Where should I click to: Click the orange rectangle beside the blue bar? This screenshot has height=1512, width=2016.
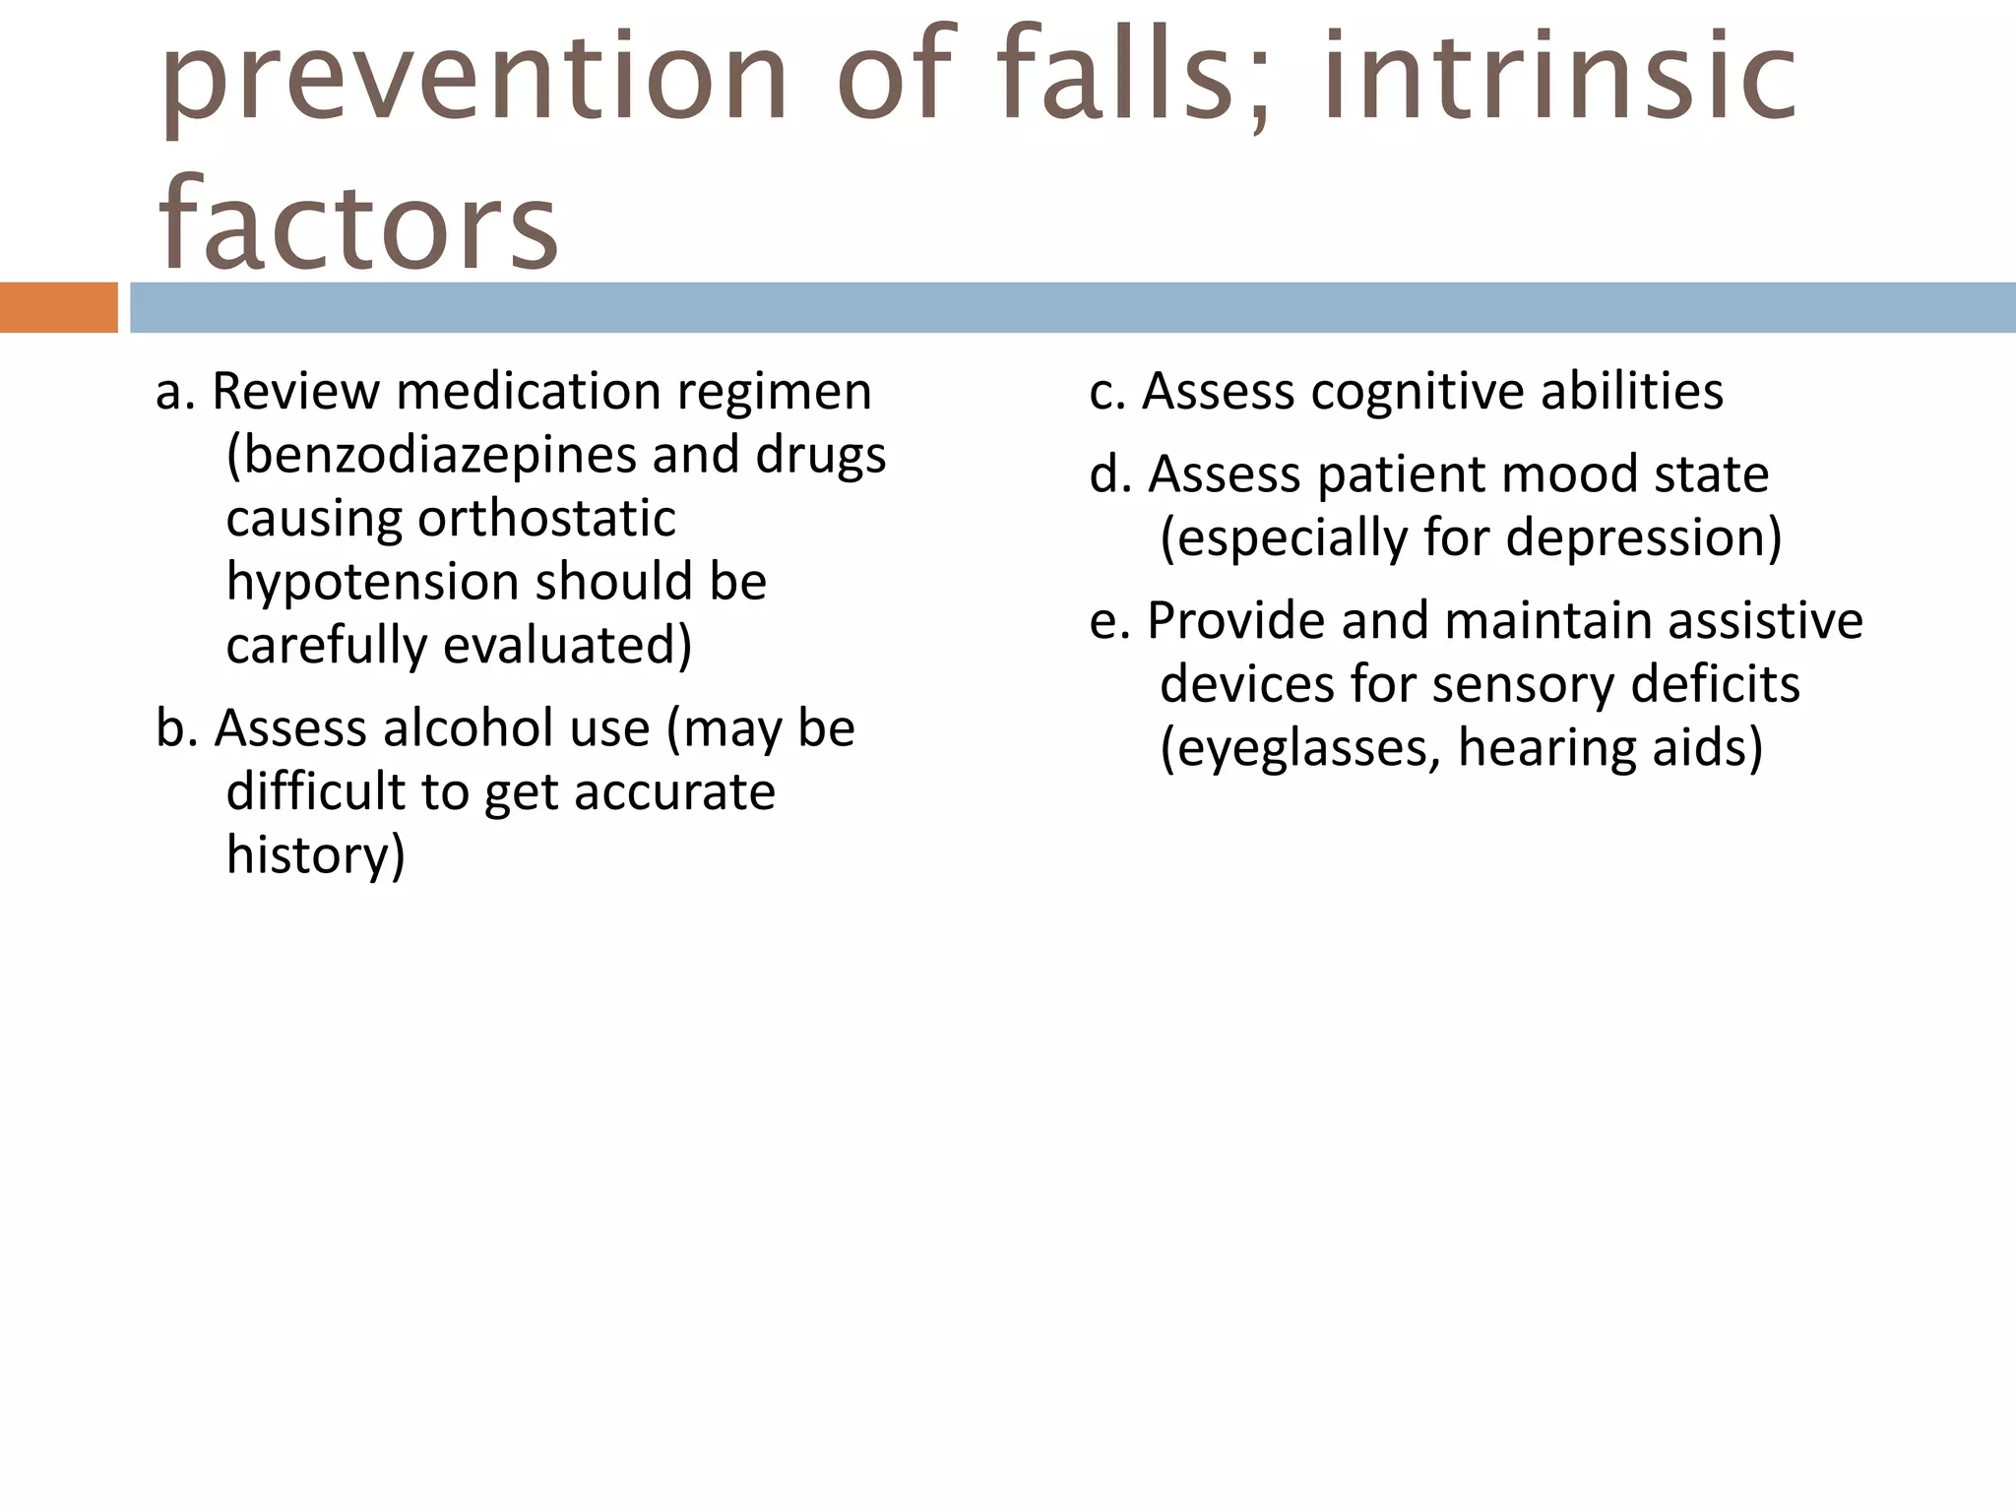(x=58, y=307)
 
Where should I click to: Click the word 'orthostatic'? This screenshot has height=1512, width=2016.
(x=546, y=519)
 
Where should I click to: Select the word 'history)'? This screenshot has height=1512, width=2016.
(x=315, y=854)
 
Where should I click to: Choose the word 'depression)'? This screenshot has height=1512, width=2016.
(x=1644, y=538)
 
